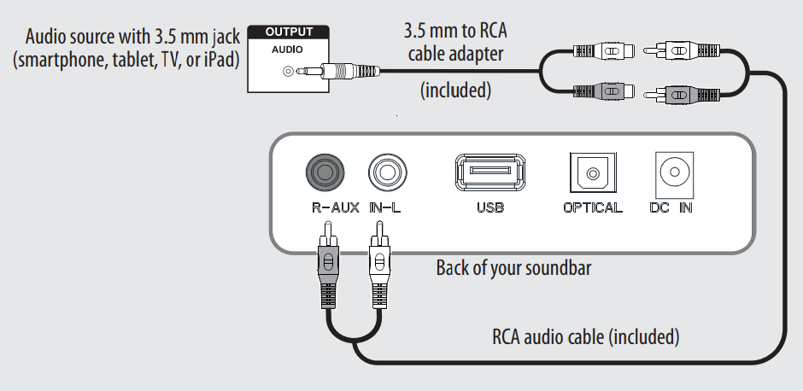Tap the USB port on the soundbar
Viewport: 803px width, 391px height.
click(x=489, y=173)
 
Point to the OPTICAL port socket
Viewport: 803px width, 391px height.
click(x=592, y=174)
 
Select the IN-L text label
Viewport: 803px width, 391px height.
click(x=386, y=207)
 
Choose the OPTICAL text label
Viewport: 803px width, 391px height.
click(x=592, y=207)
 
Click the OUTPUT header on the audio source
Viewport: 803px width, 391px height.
click(x=289, y=32)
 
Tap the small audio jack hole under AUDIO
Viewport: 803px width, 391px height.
click(x=289, y=72)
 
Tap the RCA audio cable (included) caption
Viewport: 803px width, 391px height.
click(x=585, y=336)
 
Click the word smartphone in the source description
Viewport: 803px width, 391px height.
click(x=63, y=61)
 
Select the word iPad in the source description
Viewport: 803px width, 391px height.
click(x=218, y=61)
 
